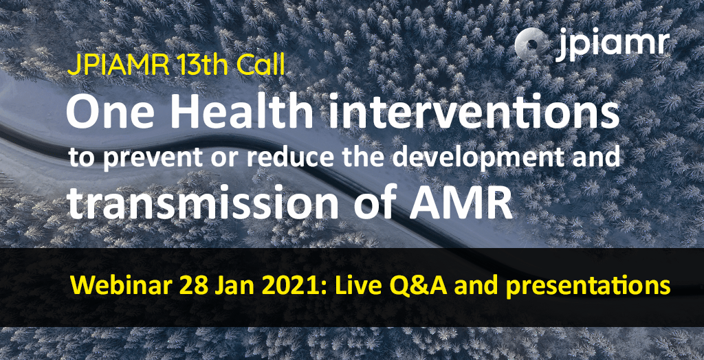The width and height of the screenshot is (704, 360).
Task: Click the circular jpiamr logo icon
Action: [x=532, y=45]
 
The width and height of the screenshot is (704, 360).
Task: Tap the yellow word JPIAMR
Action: [x=118, y=67]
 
